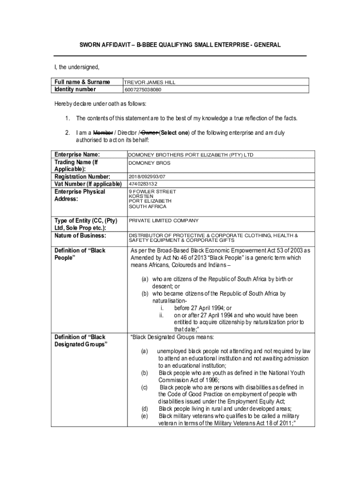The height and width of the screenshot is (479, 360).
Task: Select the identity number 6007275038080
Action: [143, 90]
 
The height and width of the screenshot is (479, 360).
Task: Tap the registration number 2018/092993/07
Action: [147, 177]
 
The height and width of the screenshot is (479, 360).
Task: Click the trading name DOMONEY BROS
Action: [150, 163]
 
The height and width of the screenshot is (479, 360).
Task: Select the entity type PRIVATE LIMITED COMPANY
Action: [164, 220]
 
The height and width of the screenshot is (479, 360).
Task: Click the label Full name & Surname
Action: [82, 82]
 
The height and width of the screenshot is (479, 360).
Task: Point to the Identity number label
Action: [75, 89]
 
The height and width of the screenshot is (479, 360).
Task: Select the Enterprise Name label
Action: [78, 154]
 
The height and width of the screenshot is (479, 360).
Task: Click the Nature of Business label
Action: [80, 235]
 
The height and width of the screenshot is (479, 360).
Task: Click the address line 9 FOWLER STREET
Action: [152, 192]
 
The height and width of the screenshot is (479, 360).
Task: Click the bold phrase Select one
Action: [174, 132]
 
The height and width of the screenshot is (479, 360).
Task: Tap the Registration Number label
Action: [82, 176]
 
